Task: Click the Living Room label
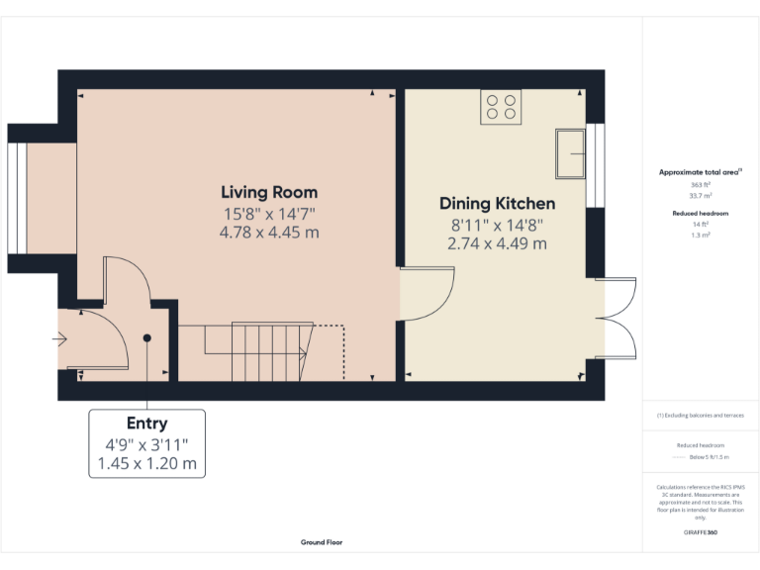pyautogui.click(x=269, y=192)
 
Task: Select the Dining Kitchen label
pyautogui.click(x=497, y=204)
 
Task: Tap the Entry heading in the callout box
pyautogui.click(x=146, y=425)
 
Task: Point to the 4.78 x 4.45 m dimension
pyautogui.click(x=269, y=234)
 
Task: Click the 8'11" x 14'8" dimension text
pyautogui.click(x=497, y=225)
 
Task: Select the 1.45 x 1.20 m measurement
pyautogui.click(x=146, y=463)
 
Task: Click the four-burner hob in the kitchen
pyautogui.click(x=502, y=107)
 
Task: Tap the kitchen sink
pyautogui.click(x=570, y=152)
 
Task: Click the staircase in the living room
pyautogui.click(x=267, y=350)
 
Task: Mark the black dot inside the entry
pyautogui.click(x=146, y=338)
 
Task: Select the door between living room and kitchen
pyautogui.click(x=426, y=294)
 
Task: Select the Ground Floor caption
pyautogui.click(x=322, y=542)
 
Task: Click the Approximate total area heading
pyautogui.click(x=700, y=172)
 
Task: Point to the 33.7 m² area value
pyautogui.click(x=700, y=195)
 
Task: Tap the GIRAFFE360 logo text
pyautogui.click(x=700, y=533)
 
